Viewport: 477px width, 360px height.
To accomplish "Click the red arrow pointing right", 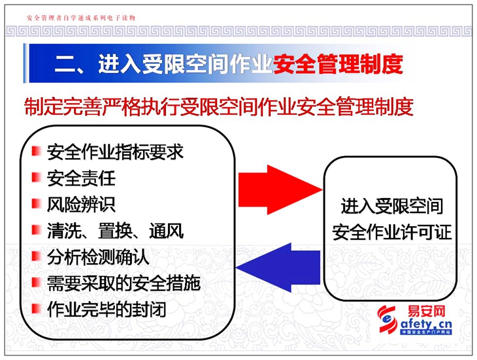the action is (x=280, y=189).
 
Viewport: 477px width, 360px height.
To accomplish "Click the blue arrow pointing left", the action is (x=278, y=268).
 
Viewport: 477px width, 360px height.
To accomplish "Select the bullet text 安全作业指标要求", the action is (x=115, y=152).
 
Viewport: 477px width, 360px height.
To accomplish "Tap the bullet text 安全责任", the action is (x=81, y=178).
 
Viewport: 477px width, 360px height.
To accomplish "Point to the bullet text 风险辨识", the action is (x=81, y=205).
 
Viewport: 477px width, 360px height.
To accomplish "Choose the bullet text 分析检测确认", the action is (x=98, y=257).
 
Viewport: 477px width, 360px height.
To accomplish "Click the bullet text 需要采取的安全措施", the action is (x=123, y=284).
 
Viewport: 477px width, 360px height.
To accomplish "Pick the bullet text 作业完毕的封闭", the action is (x=107, y=310).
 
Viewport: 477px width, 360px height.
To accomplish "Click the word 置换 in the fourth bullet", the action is (x=115, y=231).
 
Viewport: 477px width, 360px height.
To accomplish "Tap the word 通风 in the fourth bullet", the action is (x=167, y=231).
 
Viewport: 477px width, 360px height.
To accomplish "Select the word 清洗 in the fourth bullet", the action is (x=64, y=231).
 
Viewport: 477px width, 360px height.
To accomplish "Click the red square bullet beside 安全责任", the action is (x=37, y=177).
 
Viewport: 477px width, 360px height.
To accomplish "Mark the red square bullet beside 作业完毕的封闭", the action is (x=37, y=308).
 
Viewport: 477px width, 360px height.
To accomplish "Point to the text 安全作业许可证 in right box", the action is (x=392, y=233).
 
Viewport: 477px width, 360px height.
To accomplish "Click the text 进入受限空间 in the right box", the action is (x=392, y=206).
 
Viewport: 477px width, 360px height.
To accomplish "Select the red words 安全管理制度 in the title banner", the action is (x=338, y=64).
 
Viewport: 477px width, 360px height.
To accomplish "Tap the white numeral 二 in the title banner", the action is (x=65, y=64).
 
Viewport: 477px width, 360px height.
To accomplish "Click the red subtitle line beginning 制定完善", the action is (x=219, y=106).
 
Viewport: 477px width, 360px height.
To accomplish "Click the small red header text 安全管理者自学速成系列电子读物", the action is (x=81, y=18).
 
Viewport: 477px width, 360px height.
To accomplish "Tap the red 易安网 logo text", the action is (x=427, y=312).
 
